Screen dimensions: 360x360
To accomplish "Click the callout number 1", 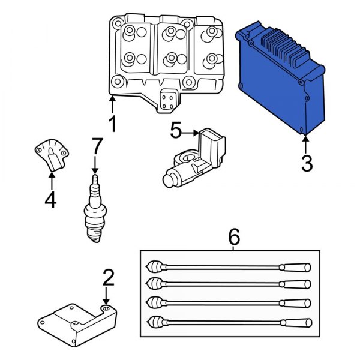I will [112, 125].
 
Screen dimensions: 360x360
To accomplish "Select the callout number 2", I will [108, 277].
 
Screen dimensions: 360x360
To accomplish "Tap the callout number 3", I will [307, 163].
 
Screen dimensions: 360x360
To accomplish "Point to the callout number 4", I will [50, 199].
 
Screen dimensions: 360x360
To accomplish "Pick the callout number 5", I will [175, 130].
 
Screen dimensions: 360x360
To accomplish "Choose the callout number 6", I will [235, 237].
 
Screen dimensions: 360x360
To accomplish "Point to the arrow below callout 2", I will [106, 298].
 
